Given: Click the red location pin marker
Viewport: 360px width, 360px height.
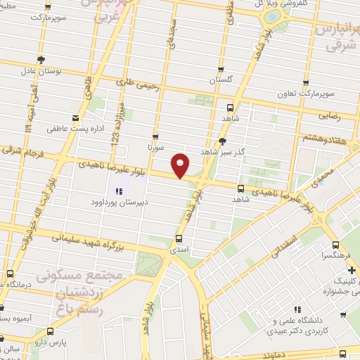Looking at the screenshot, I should coord(181,165).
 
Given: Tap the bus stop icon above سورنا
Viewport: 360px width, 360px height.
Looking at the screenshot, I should coord(155,137).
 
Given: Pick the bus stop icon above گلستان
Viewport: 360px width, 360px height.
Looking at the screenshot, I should coord(221,69).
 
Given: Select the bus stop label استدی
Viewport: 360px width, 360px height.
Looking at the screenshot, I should coord(179,249).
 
